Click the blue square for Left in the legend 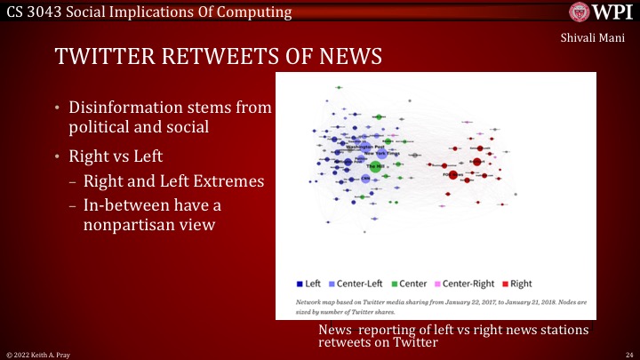click(x=300, y=284)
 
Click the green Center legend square click(x=395, y=284)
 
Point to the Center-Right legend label click(x=468, y=284)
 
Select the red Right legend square click(x=505, y=284)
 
